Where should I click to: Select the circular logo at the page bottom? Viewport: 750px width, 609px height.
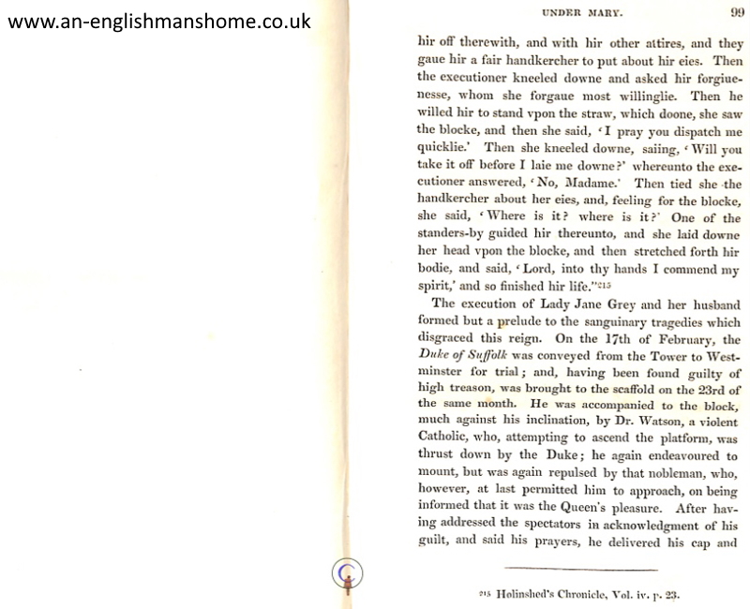[x=347, y=572]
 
